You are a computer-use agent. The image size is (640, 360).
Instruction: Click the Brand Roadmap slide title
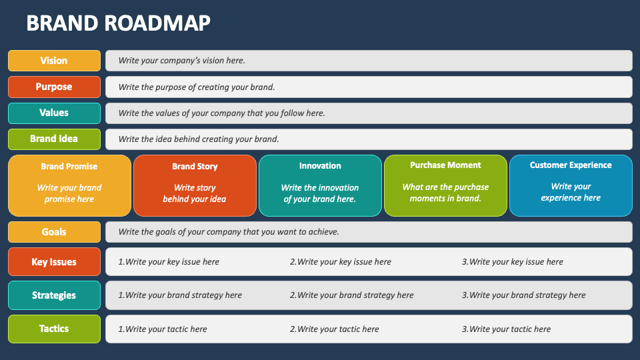[x=119, y=23]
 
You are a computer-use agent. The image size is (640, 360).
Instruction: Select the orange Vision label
[x=54, y=61]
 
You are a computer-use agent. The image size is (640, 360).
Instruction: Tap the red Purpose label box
[x=54, y=87]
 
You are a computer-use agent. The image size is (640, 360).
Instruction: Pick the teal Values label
[x=54, y=113]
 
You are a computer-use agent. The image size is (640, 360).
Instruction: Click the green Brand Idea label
[x=54, y=139]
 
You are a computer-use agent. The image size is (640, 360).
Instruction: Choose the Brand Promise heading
[x=69, y=167]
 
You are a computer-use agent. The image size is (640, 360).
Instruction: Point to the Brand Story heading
[x=195, y=167]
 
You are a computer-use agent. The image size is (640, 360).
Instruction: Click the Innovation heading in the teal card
[x=320, y=166]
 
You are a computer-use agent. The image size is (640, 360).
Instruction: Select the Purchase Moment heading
[x=445, y=165]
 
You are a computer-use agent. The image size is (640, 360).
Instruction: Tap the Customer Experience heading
[x=571, y=165]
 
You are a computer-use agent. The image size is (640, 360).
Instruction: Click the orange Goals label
[x=54, y=232]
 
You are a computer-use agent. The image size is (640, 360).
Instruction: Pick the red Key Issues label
[x=54, y=261]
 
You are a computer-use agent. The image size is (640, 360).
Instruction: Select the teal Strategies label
[x=54, y=295]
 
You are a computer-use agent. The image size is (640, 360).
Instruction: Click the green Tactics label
[x=54, y=329]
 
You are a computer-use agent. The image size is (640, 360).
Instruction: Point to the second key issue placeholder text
[x=341, y=262]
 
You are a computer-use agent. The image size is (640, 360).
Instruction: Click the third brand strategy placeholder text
[x=524, y=295]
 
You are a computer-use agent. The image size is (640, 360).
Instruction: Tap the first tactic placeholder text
[x=163, y=329]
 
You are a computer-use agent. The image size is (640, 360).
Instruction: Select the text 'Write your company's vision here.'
[x=181, y=61]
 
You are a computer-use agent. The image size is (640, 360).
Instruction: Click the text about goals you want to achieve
[x=229, y=232]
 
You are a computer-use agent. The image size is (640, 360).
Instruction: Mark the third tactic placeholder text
[x=506, y=329]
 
